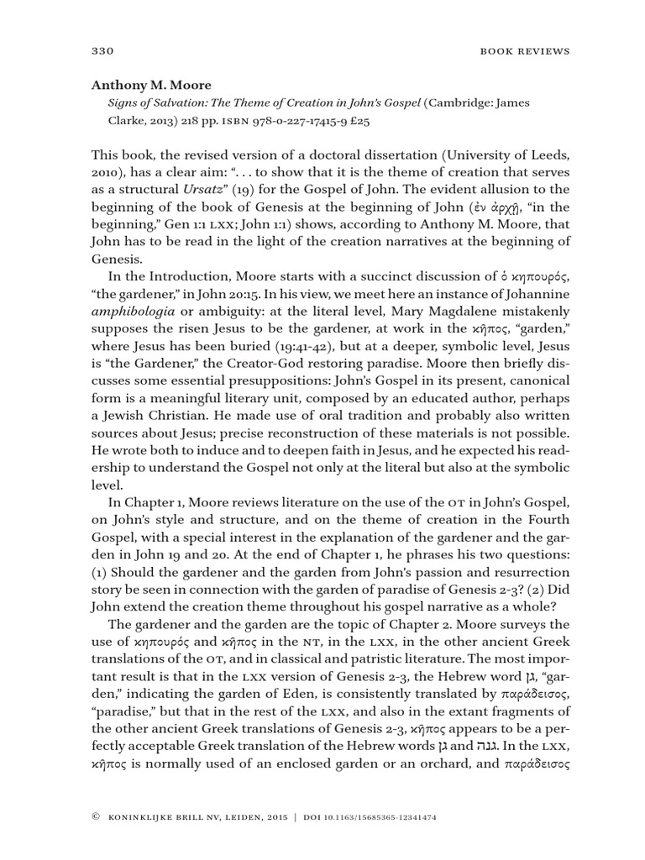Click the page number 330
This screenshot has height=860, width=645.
tap(101, 51)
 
